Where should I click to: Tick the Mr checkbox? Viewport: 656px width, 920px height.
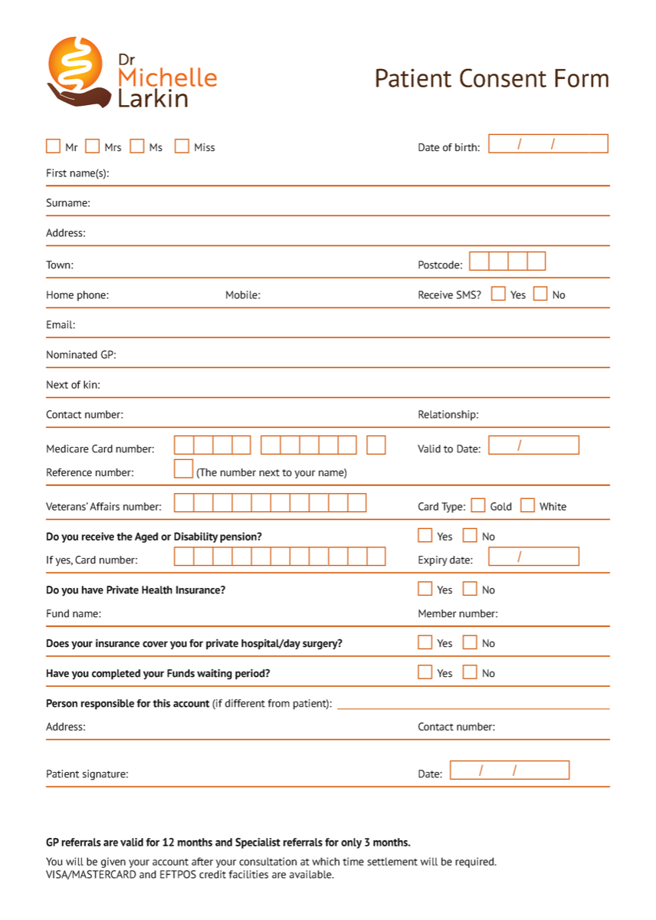point(53,146)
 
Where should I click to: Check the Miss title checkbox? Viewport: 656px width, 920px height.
point(182,146)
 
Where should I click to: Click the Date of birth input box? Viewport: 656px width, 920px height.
point(548,143)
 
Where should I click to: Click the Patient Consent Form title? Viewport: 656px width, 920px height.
point(491,79)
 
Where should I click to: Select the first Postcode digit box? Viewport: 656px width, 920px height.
point(479,261)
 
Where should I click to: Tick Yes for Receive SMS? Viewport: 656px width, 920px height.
point(499,294)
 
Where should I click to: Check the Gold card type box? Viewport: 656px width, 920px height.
point(478,505)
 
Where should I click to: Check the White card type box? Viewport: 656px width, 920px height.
point(527,505)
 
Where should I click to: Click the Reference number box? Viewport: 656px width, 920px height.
point(183,468)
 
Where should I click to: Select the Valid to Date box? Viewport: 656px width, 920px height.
point(533,445)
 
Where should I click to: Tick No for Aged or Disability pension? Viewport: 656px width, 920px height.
point(470,535)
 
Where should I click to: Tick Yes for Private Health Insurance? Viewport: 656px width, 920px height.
point(425,589)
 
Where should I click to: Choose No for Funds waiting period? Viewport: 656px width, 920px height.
point(470,672)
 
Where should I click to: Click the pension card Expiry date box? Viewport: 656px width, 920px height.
point(533,557)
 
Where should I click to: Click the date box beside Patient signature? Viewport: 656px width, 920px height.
point(510,770)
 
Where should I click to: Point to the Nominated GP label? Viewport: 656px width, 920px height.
point(80,355)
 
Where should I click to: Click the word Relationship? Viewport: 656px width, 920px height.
point(448,415)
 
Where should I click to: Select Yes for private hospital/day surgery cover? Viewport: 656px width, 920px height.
point(425,642)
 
